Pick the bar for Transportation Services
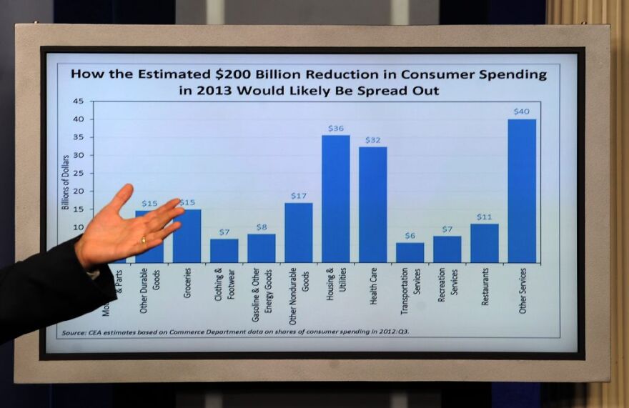coord(410,252)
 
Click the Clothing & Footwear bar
coord(224,251)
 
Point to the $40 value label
coord(521,111)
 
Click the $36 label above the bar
coord(336,128)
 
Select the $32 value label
coord(372,140)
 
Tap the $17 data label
coord(298,195)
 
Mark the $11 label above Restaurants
coord(484,217)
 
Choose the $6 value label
coord(410,235)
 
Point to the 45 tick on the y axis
coord(78,101)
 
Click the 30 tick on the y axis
coord(78,155)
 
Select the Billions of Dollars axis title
coord(65,182)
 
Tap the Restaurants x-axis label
coord(485,287)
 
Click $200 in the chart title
coord(229,74)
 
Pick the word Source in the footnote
coord(73,333)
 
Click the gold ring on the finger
coord(143,240)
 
